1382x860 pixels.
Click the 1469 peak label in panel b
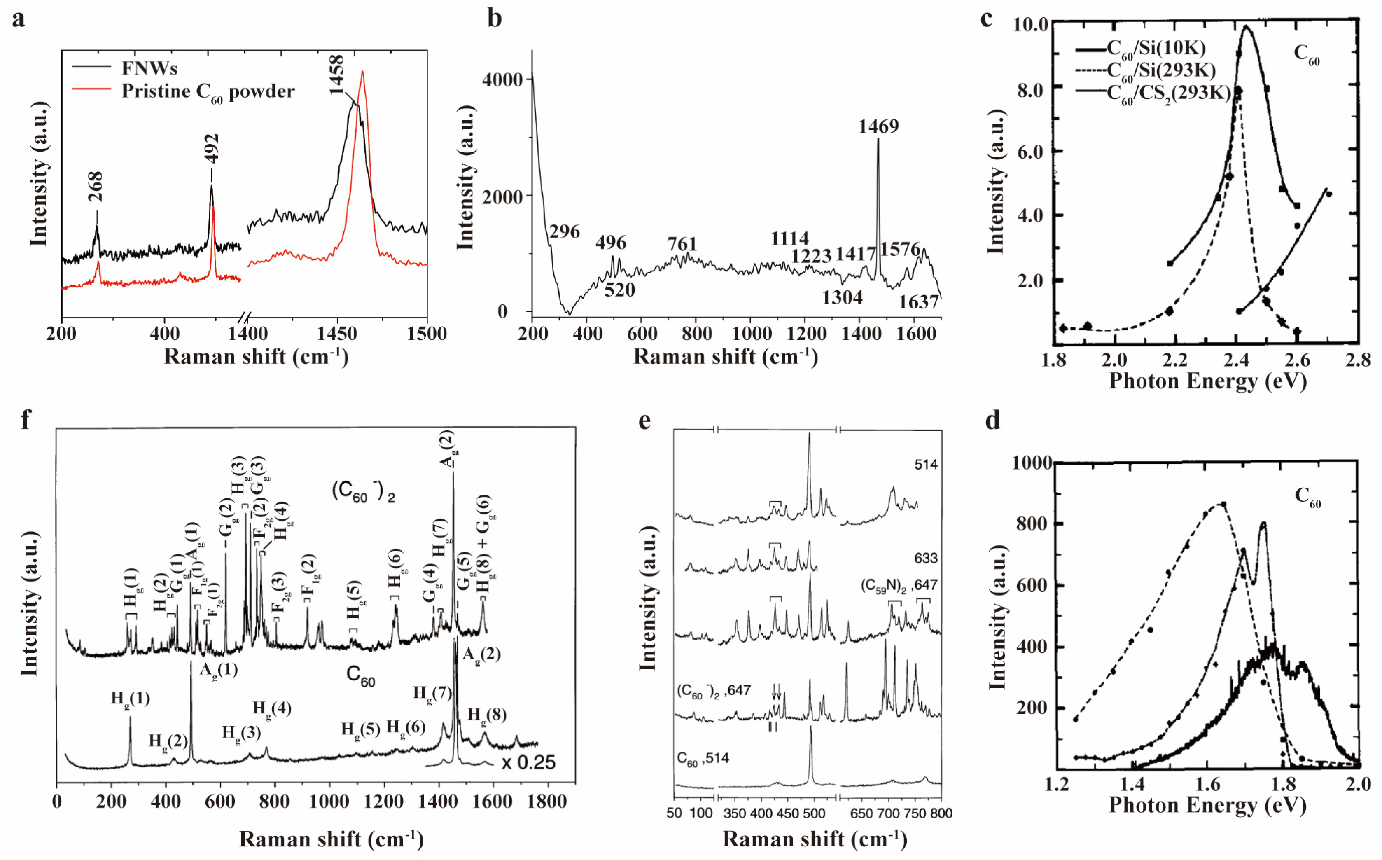[878, 126]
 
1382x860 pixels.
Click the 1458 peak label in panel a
[336, 75]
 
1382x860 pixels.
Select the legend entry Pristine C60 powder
[208, 91]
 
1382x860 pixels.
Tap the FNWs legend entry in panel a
[149, 68]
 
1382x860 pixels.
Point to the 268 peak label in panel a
[96, 187]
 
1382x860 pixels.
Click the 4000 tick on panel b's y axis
[502, 79]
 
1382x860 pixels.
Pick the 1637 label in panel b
[918, 301]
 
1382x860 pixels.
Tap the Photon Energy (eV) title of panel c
[1207, 381]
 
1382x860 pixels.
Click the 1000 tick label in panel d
[1032, 463]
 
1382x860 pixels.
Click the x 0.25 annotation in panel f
[528, 762]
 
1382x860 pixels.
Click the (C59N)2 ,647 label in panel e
[898, 585]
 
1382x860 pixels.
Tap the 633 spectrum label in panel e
[925, 558]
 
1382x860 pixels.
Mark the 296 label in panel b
[564, 232]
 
